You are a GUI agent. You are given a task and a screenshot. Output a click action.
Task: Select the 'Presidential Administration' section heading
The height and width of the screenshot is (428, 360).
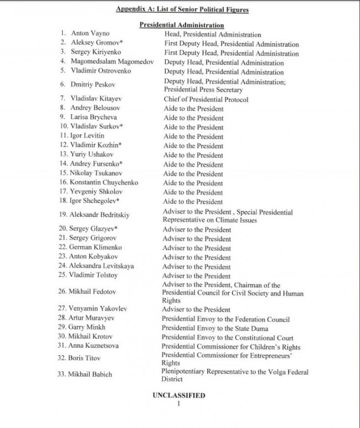click(x=182, y=25)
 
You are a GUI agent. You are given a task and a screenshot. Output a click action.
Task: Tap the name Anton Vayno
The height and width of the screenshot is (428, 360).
click(x=90, y=34)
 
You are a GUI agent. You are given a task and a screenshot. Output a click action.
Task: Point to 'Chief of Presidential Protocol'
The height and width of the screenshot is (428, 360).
click(x=205, y=99)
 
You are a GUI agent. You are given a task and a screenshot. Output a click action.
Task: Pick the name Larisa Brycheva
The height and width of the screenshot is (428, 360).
click(x=96, y=118)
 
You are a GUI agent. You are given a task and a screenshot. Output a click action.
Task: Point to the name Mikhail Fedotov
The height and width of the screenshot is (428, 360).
click(x=92, y=291)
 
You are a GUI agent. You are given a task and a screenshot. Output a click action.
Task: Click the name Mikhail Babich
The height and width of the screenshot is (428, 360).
click(x=90, y=374)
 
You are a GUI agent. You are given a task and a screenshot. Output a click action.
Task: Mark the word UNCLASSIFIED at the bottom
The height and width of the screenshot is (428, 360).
click(x=179, y=395)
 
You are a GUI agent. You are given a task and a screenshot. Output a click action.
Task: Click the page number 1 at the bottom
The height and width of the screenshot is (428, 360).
click(x=179, y=404)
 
